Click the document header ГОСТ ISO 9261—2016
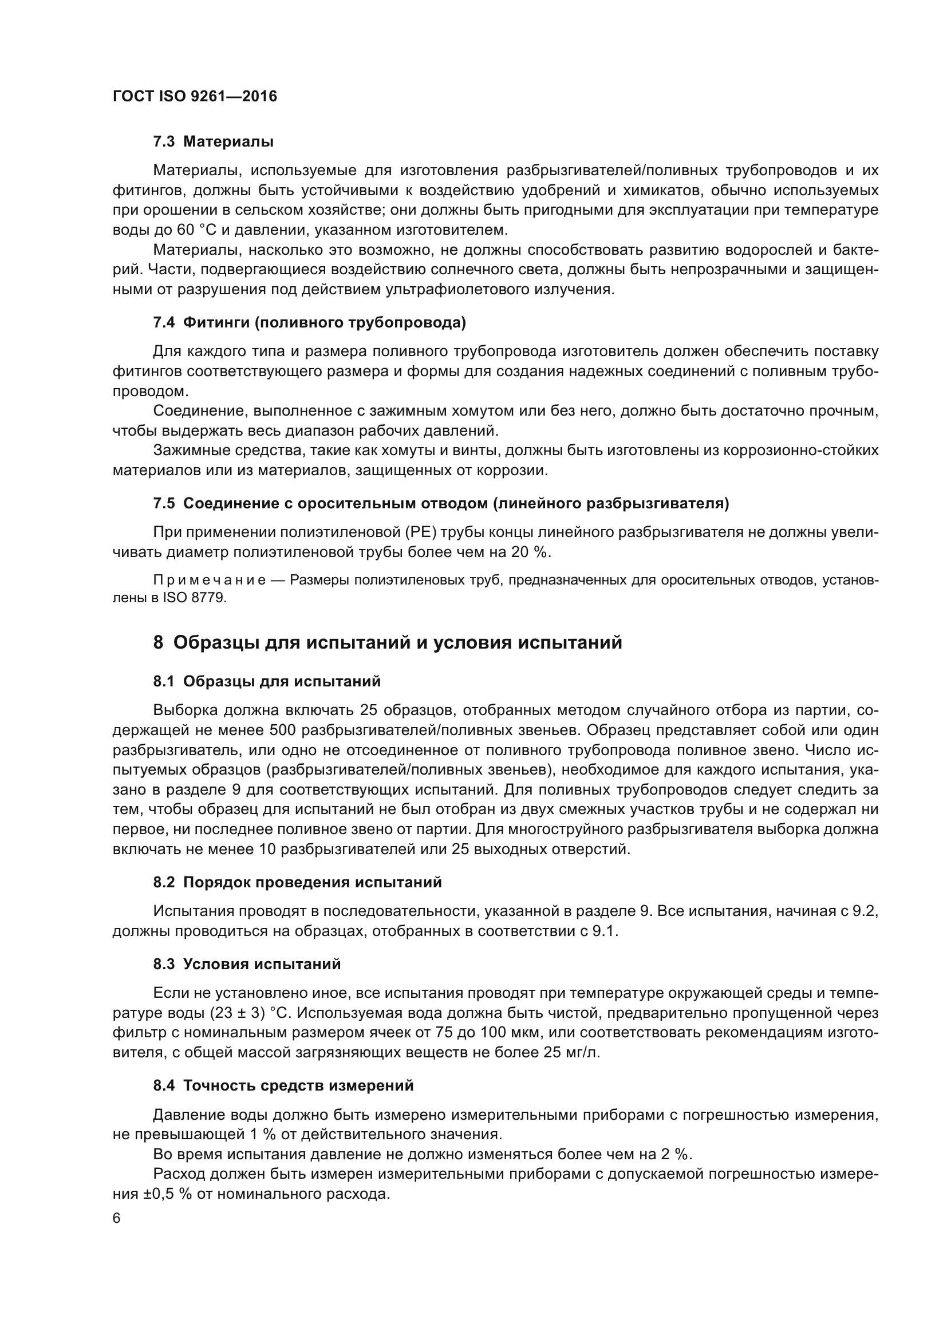[x=195, y=96]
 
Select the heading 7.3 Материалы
[x=214, y=142]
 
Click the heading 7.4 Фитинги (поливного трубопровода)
[x=309, y=322]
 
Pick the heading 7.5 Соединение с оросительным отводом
[x=441, y=503]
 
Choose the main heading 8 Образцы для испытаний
[x=387, y=643]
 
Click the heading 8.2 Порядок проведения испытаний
[x=297, y=882]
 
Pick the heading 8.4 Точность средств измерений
[x=283, y=1085]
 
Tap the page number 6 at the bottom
[x=117, y=1219]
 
